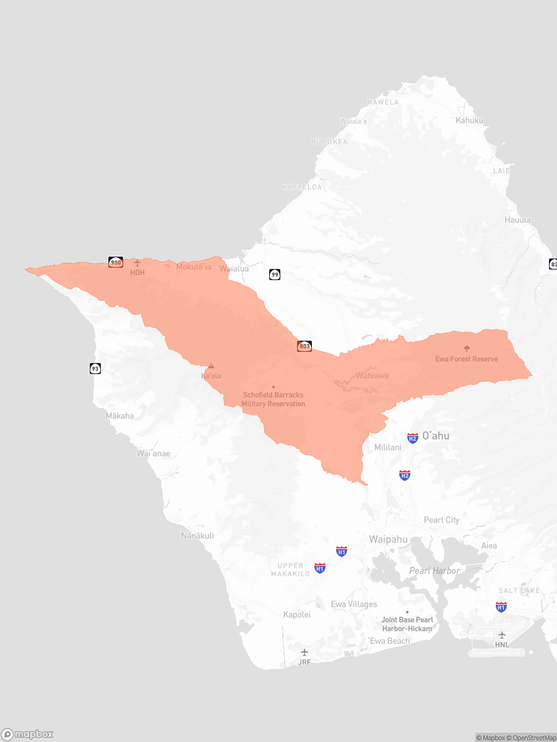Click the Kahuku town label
(469, 120)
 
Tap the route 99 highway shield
(275, 274)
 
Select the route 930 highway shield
(116, 262)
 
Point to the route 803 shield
(304, 346)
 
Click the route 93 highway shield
(95, 369)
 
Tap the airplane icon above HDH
(137, 263)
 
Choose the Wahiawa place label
(372, 375)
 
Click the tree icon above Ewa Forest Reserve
(467, 349)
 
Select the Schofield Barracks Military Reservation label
(273, 399)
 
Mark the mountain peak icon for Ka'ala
(211, 366)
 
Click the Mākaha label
(119, 416)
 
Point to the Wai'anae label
(153, 453)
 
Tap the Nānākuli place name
(197, 535)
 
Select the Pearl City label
(441, 520)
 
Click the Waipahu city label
(388, 539)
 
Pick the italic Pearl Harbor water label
(434, 571)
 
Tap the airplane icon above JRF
(304, 652)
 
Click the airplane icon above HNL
(502, 635)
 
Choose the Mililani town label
(388, 447)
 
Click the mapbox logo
(27, 734)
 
